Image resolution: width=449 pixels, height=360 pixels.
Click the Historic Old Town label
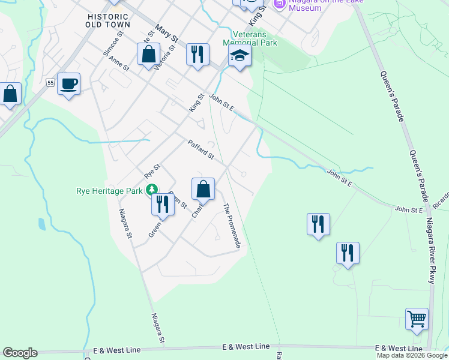point(108,20)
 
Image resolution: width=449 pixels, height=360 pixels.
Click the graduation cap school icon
point(240,56)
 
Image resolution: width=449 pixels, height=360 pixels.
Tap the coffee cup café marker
point(69,83)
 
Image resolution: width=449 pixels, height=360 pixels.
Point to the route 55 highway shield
point(50,82)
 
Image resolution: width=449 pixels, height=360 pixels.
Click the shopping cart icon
point(417,318)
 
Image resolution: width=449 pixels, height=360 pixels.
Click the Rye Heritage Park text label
point(109,191)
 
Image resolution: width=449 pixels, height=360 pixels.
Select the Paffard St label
point(200,150)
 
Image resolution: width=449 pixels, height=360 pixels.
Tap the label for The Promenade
point(232,226)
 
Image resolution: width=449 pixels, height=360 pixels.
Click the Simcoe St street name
point(113,45)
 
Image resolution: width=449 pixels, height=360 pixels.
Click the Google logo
point(19,353)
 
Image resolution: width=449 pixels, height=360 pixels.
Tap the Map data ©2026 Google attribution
point(412,355)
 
